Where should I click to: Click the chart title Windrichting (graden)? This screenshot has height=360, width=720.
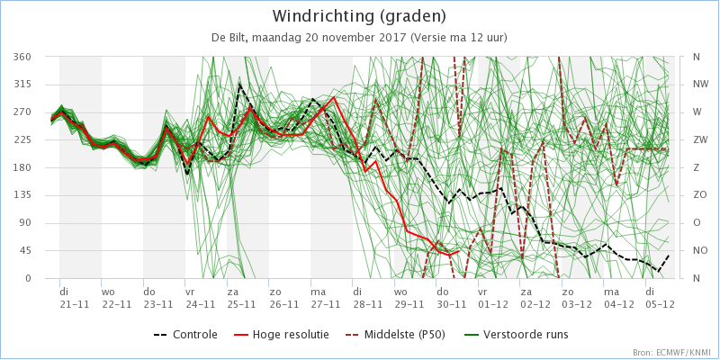(x=359, y=16)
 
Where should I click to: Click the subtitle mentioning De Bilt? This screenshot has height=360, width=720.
(x=359, y=38)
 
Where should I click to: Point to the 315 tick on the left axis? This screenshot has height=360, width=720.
(x=36, y=85)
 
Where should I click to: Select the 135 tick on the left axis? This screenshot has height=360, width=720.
(x=36, y=195)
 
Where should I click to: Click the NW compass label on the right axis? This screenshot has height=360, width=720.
(x=699, y=85)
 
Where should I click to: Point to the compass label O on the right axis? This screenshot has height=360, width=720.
(x=696, y=223)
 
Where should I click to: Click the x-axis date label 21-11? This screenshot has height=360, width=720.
(x=76, y=303)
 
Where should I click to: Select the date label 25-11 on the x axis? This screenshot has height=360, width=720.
(x=242, y=303)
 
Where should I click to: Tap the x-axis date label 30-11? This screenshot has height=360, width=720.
(x=452, y=303)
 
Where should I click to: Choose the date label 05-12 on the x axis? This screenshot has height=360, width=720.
(x=661, y=303)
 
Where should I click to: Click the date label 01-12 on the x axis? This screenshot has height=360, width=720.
(x=493, y=303)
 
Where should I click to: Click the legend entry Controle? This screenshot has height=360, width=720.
(x=185, y=334)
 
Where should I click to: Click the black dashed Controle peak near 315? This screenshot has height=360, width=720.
(x=239, y=85)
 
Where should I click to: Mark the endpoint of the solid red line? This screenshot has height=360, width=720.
(x=459, y=251)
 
